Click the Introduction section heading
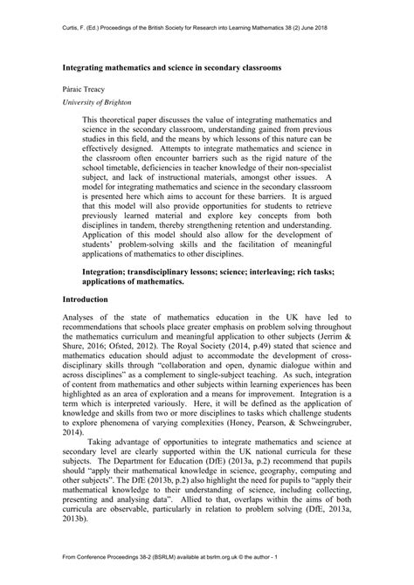coord(86,299)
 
